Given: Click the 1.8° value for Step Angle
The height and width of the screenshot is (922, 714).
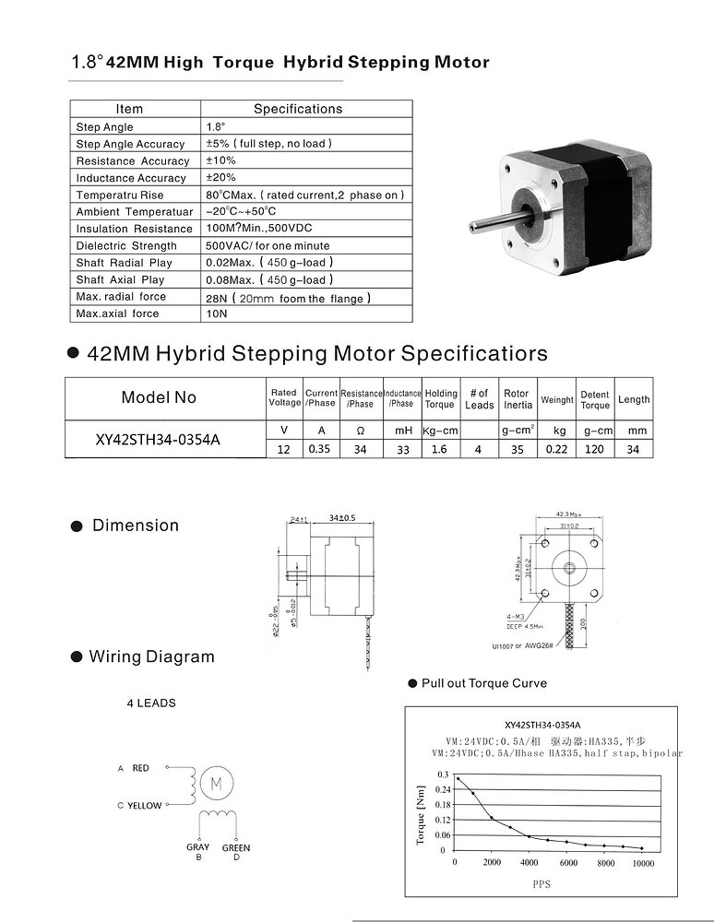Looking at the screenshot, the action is [x=216, y=126].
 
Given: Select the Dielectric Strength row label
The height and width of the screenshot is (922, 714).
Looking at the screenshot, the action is [x=126, y=245].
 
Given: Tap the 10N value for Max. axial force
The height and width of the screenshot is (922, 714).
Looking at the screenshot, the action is [x=216, y=313].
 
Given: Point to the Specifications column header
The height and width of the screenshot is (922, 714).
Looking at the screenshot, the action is [x=297, y=109].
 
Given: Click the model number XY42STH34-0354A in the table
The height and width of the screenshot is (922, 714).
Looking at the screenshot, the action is [x=158, y=439].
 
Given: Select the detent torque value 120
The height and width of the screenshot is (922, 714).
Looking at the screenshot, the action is [x=595, y=448].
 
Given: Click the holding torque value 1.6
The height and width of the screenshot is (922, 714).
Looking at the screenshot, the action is [x=439, y=448].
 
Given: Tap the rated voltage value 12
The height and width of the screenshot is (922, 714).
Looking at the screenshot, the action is [x=283, y=448].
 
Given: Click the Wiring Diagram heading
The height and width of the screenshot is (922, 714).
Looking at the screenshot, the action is [x=151, y=656].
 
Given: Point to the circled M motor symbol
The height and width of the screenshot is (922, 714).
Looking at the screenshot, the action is [x=217, y=784].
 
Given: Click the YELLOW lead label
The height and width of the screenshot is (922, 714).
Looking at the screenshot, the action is [x=144, y=806].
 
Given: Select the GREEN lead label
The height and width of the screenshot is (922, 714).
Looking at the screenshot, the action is [x=236, y=848].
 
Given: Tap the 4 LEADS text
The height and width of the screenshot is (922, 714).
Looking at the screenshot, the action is [x=151, y=703].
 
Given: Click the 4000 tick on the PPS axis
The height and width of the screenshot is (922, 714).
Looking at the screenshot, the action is [x=529, y=863].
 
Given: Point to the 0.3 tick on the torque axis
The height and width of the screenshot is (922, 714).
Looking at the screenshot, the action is [x=443, y=774].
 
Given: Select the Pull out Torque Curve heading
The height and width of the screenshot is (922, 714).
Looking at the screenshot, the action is [x=483, y=683].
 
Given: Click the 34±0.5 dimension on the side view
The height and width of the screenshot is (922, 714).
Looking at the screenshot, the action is [x=341, y=517].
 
